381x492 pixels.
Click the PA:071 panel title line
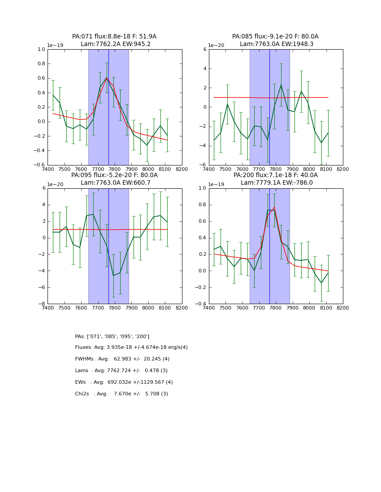click(x=114, y=37)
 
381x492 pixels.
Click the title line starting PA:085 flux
click(x=275, y=37)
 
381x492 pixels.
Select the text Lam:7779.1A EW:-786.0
click(x=275, y=182)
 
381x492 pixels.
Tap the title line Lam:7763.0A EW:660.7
click(x=114, y=182)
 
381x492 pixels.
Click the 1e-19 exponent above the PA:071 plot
click(x=55, y=46)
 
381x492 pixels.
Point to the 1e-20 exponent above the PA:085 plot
click(x=216, y=46)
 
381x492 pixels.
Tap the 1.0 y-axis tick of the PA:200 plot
click(x=203, y=188)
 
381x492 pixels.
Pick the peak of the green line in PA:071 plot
click(x=107, y=78)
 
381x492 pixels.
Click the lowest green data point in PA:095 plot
click(x=113, y=276)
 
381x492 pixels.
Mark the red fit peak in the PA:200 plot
click(x=274, y=207)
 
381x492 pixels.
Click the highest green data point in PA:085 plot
click(x=281, y=85)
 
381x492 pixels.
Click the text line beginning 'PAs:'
click(x=112, y=336)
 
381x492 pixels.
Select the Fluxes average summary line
click(x=131, y=348)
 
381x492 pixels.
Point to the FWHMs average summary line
click(x=122, y=359)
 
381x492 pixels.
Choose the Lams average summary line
click(x=121, y=371)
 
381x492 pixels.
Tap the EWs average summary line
click(x=124, y=382)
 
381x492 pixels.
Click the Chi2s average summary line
click(x=121, y=394)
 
